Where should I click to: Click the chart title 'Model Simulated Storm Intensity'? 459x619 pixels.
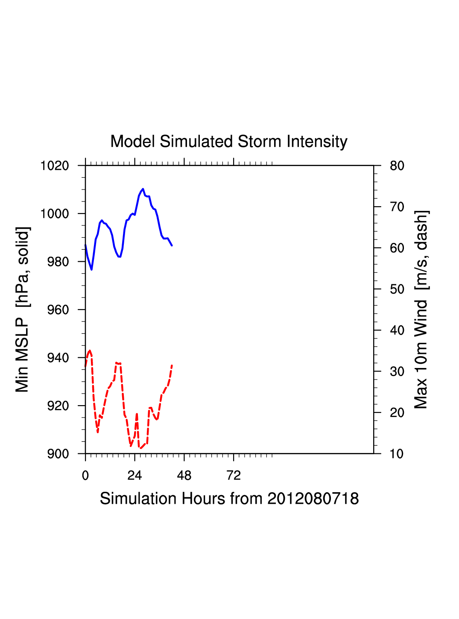(229, 142)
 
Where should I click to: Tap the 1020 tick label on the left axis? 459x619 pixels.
(55, 166)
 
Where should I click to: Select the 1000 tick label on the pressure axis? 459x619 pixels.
(55, 213)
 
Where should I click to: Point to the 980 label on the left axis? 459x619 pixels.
(58, 262)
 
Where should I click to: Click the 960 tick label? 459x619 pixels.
(58, 310)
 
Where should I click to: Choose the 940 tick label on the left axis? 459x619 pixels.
(58, 358)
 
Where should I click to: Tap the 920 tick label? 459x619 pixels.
(58, 406)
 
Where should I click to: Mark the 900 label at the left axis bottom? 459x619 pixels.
(58, 454)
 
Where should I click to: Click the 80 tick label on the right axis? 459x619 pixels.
(397, 166)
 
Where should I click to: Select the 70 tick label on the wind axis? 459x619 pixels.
(397, 207)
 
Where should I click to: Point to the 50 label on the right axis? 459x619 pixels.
(397, 289)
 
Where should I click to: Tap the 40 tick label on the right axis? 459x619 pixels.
(397, 330)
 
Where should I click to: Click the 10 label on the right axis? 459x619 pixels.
(397, 454)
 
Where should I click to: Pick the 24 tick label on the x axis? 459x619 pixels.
(134, 476)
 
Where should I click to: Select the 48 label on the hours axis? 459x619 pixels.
(184, 476)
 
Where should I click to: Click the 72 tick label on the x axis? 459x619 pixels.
(234, 476)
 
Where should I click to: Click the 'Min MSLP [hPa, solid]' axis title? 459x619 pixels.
(23, 309)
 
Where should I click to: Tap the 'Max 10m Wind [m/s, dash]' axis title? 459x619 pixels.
(421, 309)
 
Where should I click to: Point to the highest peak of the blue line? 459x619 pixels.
(143, 189)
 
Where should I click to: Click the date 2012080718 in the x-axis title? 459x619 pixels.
(313, 499)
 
